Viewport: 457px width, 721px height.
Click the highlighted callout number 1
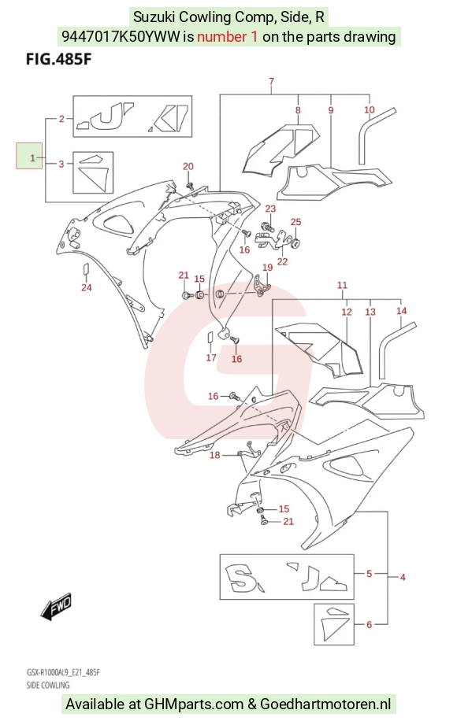click(32, 158)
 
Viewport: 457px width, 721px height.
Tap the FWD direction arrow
click(56, 605)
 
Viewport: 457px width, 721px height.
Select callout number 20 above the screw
click(188, 166)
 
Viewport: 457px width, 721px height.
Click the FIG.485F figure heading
click(59, 59)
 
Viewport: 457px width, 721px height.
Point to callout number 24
click(87, 287)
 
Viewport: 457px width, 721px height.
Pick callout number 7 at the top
click(272, 81)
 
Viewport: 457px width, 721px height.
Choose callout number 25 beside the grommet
click(296, 222)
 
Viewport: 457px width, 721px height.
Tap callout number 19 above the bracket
click(267, 268)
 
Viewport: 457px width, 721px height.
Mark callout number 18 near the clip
click(215, 455)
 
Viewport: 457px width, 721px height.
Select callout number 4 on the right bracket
click(403, 577)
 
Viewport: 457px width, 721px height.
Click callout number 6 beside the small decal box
click(369, 624)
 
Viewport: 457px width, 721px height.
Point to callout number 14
click(401, 311)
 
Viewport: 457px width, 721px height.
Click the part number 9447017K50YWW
click(121, 36)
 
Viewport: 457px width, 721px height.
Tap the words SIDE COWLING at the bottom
click(48, 685)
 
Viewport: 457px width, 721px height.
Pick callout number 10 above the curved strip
click(369, 110)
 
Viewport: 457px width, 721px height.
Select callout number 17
click(211, 357)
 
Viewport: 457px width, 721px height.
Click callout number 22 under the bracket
click(282, 261)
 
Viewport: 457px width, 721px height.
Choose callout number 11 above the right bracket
click(342, 285)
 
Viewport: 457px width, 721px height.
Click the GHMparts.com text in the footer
click(194, 704)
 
